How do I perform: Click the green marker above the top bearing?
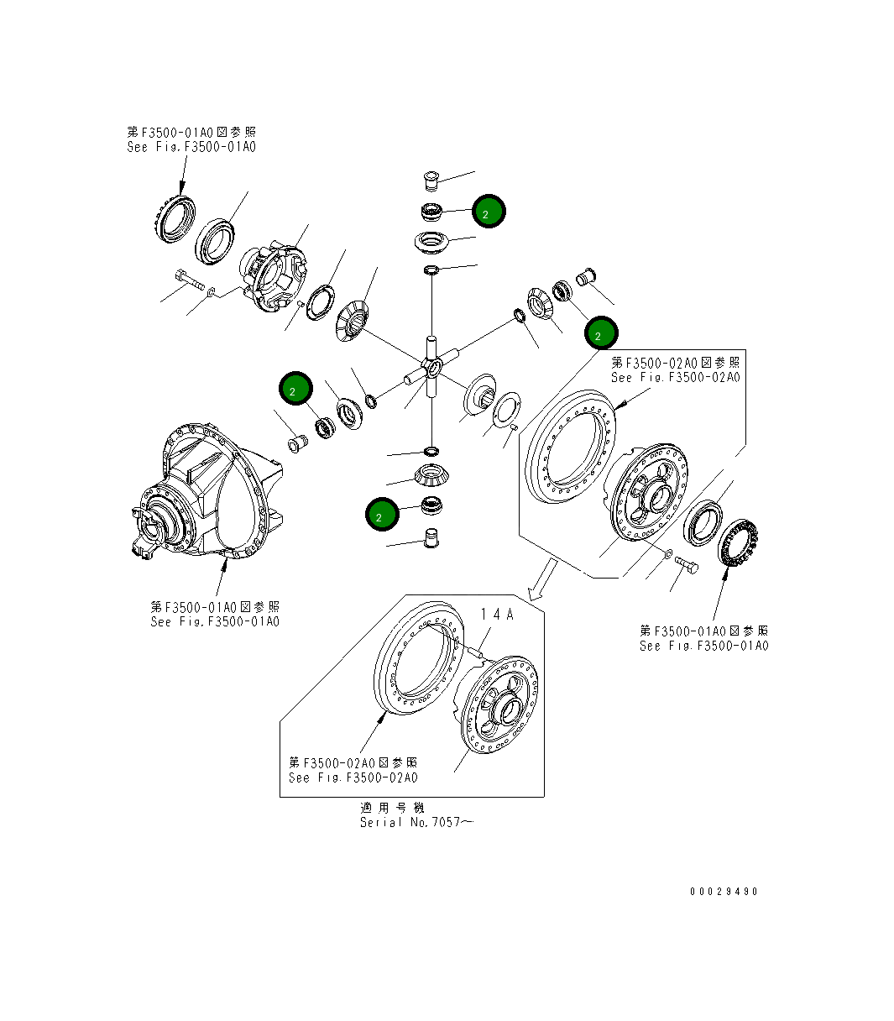pyautogui.click(x=488, y=212)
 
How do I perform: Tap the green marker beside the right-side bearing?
pyautogui.click(x=600, y=334)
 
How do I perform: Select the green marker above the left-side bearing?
pyautogui.click(x=295, y=390)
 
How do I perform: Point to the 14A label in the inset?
pyautogui.click(x=497, y=615)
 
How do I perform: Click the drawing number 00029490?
pyautogui.click(x=724, y=891)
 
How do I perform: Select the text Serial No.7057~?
pyautogui.click(x=416, y=822)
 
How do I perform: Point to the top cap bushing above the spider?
pyautogui.click(x=432, y=181)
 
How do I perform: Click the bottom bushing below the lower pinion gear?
pyautogui.click(x=431, y=537)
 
